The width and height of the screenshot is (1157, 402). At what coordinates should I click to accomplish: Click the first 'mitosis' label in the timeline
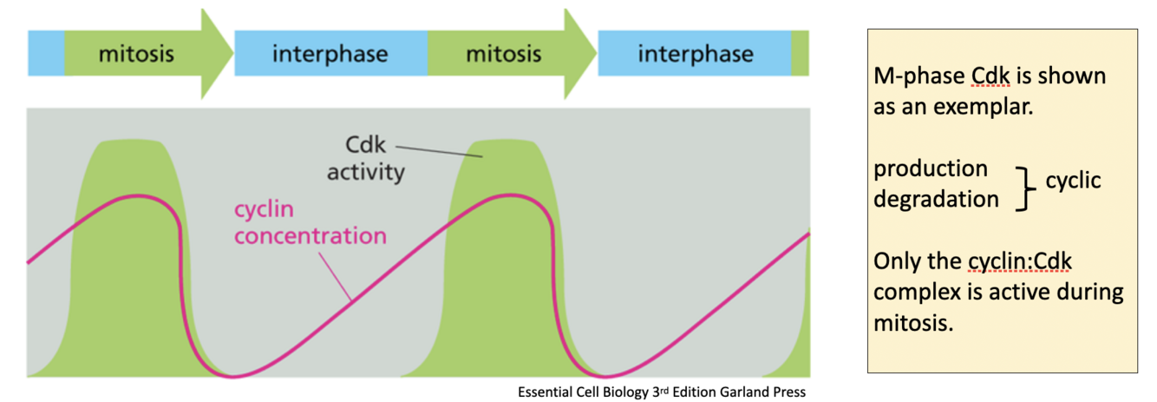(136, 54)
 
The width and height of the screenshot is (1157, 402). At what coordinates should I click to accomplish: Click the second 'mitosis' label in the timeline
(503, 54)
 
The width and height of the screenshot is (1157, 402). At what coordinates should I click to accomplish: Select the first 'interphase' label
(330, 55)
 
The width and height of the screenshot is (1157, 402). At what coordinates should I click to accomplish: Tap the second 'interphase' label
(696, 55)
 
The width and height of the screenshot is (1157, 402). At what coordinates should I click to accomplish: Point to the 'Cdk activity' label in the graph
(365, 158)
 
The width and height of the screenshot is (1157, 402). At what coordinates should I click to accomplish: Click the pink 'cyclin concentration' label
(310, 222)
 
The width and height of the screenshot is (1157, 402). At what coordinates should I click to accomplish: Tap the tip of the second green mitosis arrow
(594, 54)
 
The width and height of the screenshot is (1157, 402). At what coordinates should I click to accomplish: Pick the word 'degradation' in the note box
(936, 199)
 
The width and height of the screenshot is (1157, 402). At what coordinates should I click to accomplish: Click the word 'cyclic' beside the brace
(1073, 181)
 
